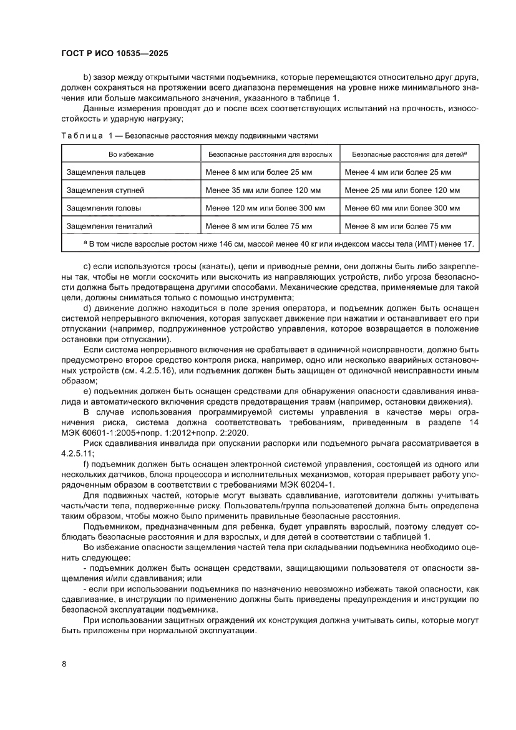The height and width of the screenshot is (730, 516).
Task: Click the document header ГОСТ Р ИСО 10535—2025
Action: (114, 54)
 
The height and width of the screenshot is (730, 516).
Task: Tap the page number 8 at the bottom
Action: (64, 663)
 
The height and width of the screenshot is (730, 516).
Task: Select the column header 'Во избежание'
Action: (131, 154)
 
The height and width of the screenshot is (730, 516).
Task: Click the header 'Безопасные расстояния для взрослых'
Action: (270, 154)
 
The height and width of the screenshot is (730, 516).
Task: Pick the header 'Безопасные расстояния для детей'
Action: (410, 154)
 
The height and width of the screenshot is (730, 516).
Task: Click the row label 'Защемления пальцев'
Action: (105, 172)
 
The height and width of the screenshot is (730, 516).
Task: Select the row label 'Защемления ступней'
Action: (105, 190)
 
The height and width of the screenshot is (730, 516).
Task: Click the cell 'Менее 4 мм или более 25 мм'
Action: (397, 172)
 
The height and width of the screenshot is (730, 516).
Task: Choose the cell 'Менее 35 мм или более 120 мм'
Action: (263, 190)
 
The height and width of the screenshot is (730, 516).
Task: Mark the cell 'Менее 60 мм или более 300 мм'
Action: (402, 208)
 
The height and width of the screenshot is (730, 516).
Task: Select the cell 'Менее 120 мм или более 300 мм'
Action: (265, 208)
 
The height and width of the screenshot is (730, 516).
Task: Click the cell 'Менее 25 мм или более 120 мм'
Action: (402, 190)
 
